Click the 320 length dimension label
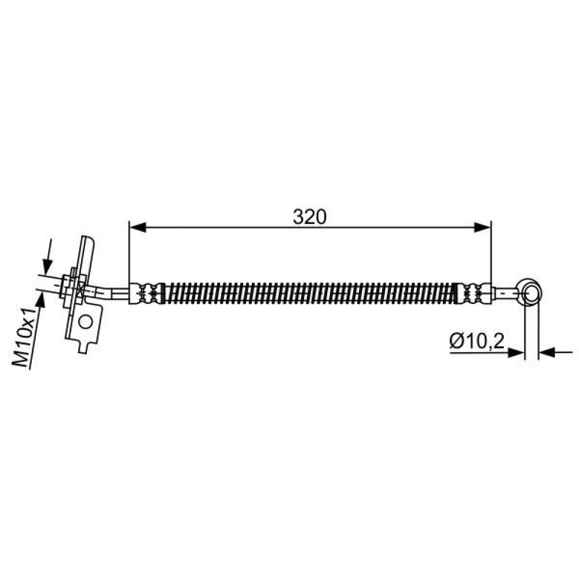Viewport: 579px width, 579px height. point(309,217)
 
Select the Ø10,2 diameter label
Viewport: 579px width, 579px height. point(477,341)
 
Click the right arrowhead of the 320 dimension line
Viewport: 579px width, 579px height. point(482,228)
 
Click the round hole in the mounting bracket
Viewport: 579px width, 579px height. point(86,322)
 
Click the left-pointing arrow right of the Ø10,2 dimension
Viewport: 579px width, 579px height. point(556,353)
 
